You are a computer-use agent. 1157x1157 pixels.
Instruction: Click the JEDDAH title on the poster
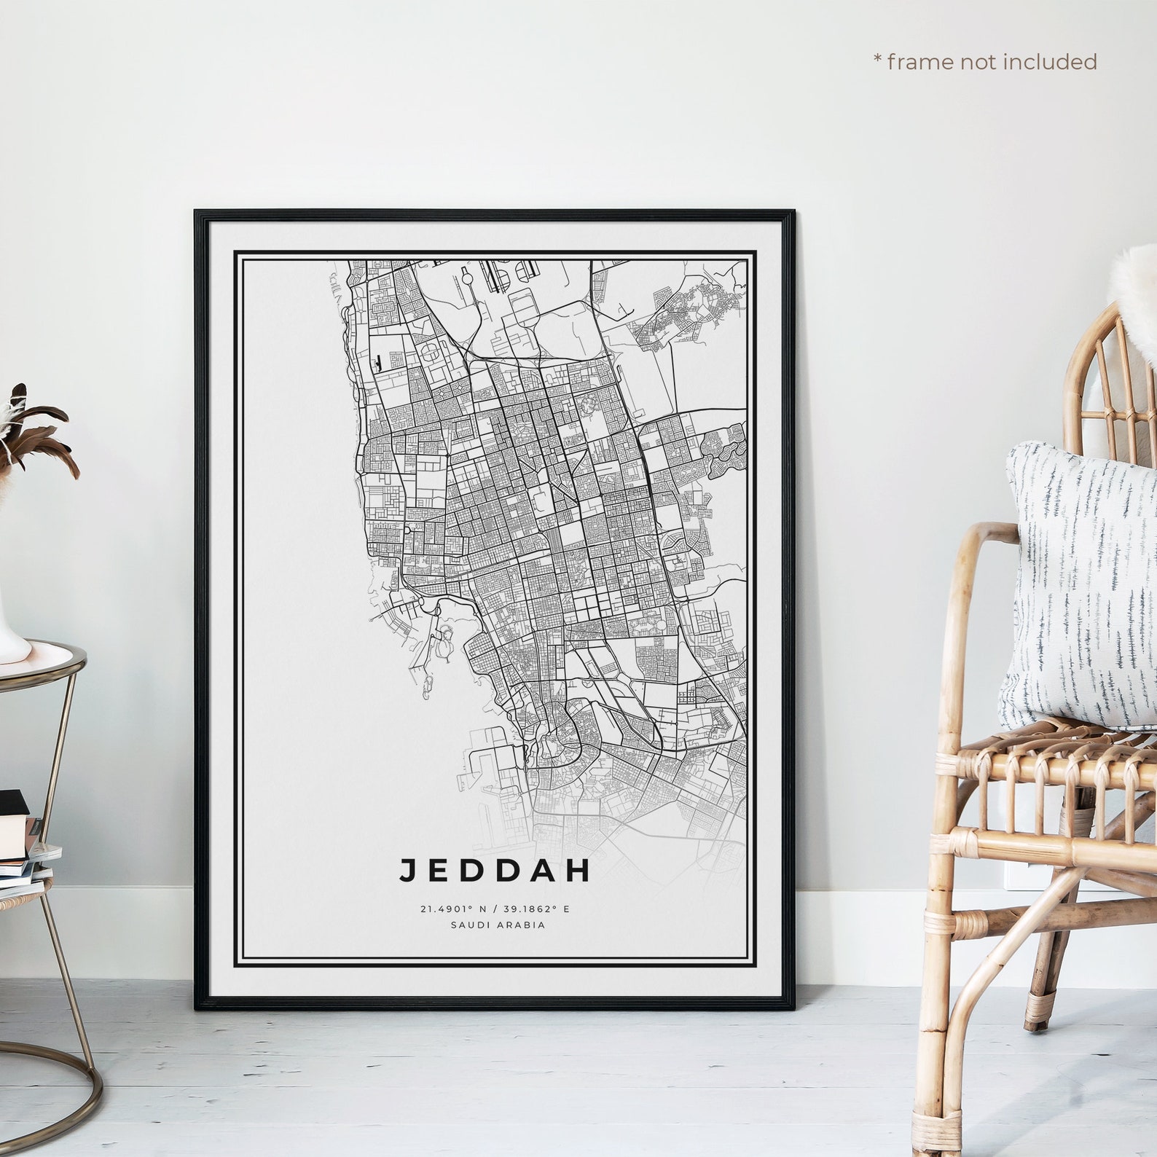(494, 871)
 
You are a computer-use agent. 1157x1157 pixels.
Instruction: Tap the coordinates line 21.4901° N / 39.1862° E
(493, 909)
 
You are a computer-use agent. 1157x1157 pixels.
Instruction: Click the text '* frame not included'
(985, 62)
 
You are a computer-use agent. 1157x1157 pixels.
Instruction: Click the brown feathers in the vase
(36, 437)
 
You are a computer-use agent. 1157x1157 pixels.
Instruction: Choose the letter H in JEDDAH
(578, 871)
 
